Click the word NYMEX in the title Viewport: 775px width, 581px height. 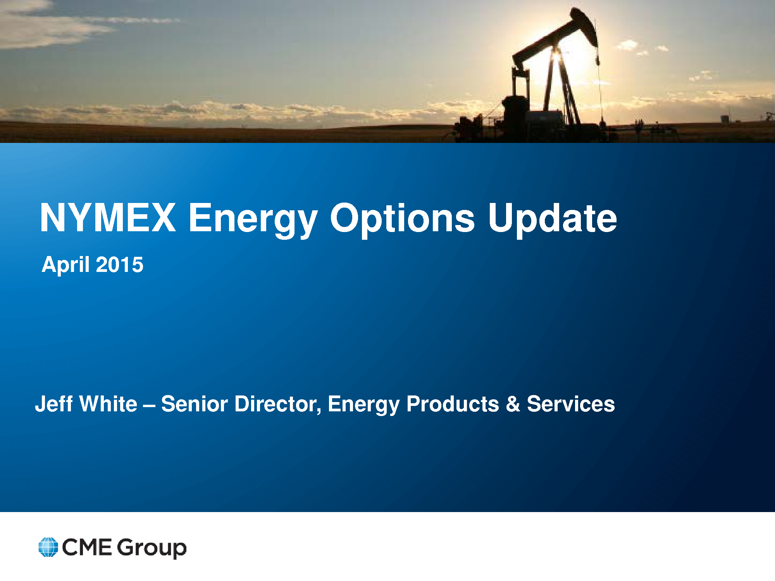(x=108, y=218)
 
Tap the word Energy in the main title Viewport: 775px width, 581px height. (x=253, y=220)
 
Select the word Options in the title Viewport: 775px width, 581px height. (x=402, y=220)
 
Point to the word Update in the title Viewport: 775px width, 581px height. (x=552, y=220)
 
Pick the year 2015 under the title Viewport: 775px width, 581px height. (x=119, y=265)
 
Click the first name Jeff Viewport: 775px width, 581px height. (x=54, y=404)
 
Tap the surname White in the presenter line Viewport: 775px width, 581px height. (x=108, y=404)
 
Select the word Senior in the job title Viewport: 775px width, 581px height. (x=195, y=404)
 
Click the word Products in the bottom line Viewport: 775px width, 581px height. (x=453, y=404)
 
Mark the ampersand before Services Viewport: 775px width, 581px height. (x=513, y=404)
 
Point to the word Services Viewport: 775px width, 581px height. (x=571, y=404)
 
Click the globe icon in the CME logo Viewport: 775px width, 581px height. (x=48, y=547)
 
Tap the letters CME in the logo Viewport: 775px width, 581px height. (x=87, y=547)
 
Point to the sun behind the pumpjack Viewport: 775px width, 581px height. (x=562, y=54)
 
